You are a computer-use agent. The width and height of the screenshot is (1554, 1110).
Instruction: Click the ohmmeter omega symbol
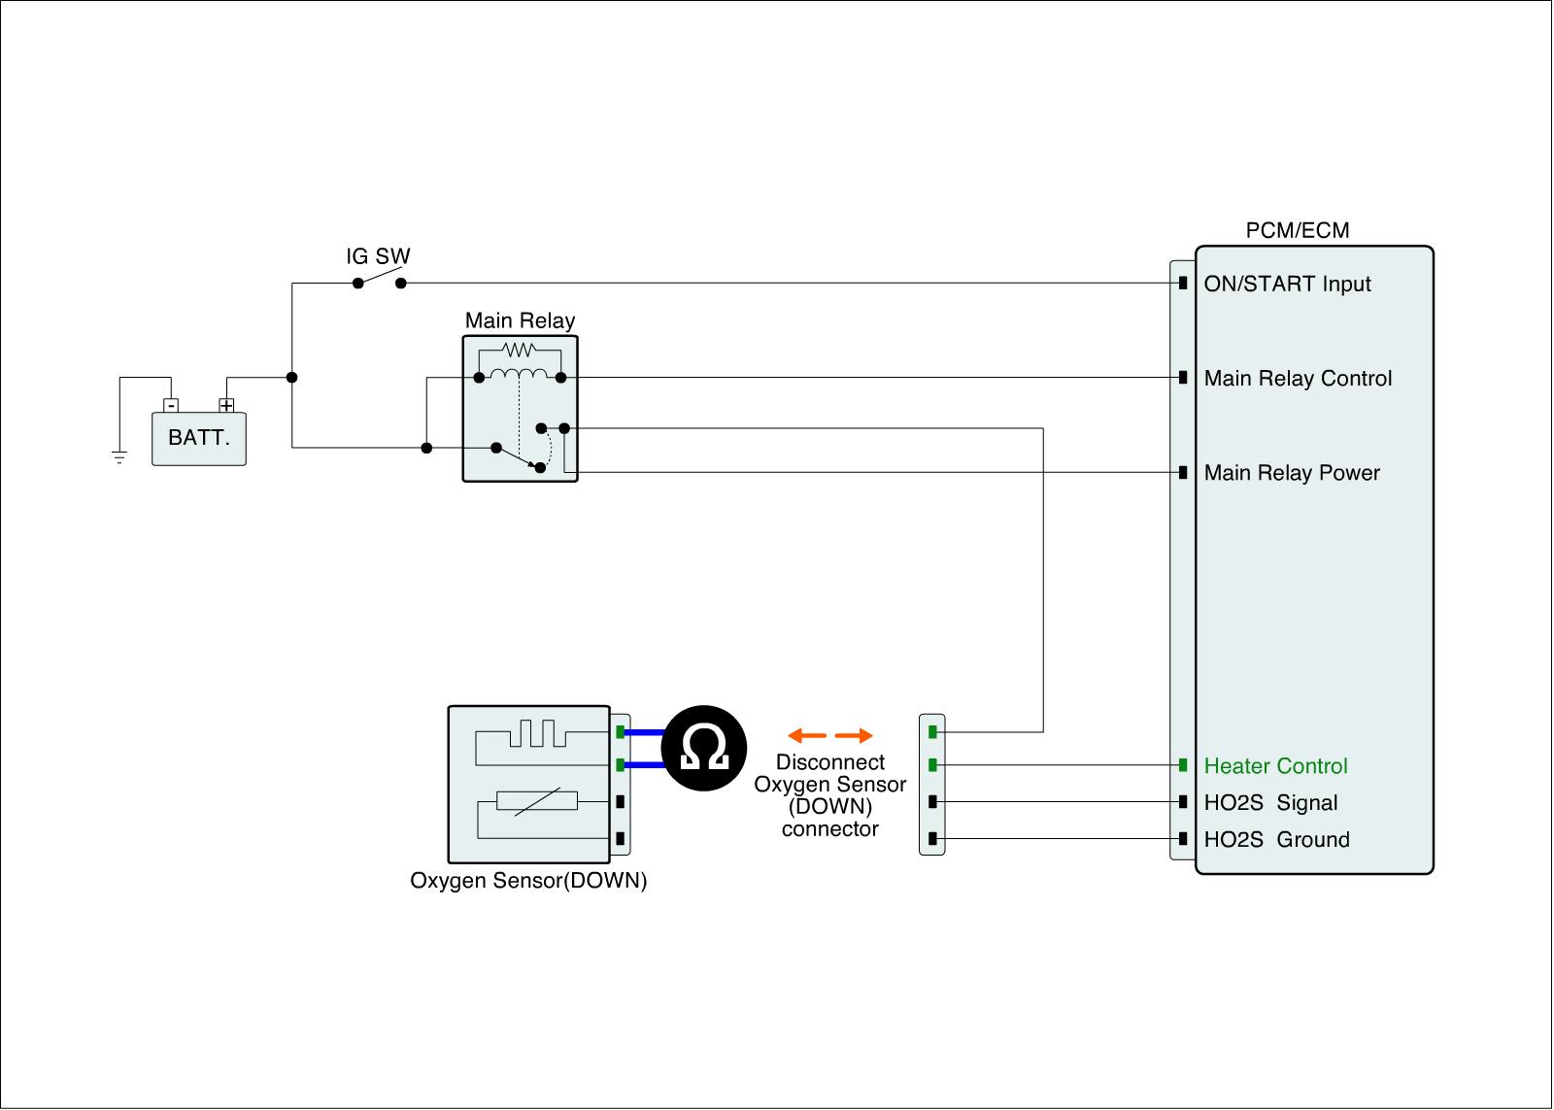(x=704, y=749)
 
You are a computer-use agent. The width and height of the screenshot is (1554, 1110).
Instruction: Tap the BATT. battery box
(x=199, y=438)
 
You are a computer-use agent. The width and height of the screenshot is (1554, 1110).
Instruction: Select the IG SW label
(x=379, y=256)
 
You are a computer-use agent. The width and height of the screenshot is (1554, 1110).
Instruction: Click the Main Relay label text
(x=520, y=320)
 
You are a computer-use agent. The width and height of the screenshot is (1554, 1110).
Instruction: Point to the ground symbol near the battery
(x=119, y=456)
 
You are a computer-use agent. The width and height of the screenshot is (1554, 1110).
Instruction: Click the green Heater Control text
(x=1275, y=766)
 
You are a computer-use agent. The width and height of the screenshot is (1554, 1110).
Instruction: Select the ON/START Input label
(x=1287, y=285)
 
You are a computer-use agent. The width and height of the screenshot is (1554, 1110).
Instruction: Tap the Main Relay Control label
(x=1298, y=379)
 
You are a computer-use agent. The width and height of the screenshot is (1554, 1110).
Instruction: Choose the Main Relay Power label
(x=1292, y=473)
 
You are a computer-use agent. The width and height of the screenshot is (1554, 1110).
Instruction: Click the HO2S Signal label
(x=1270, y=803)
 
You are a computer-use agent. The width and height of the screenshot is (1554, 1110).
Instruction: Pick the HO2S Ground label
(x=1276, y=840)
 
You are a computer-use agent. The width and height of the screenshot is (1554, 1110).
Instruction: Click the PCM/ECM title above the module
(x=1297, y=230)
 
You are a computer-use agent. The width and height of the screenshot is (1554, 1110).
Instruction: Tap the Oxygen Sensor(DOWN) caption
(x=528, y=881)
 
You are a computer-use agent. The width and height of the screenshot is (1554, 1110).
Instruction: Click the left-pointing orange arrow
(x=806, y=735)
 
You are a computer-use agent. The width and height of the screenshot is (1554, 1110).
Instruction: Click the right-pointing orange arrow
(x=854, y=735)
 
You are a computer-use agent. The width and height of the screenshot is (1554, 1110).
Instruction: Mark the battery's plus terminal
(x=226, y=405)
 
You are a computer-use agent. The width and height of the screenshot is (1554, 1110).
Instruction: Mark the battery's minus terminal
(x=171, y=405)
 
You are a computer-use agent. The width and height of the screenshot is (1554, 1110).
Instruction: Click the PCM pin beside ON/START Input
(x=1183, y=284)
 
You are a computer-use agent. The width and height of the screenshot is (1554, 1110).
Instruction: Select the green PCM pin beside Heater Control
(x=1183, y=765)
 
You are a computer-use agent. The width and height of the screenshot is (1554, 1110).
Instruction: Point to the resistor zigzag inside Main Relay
(x=520, y=350)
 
